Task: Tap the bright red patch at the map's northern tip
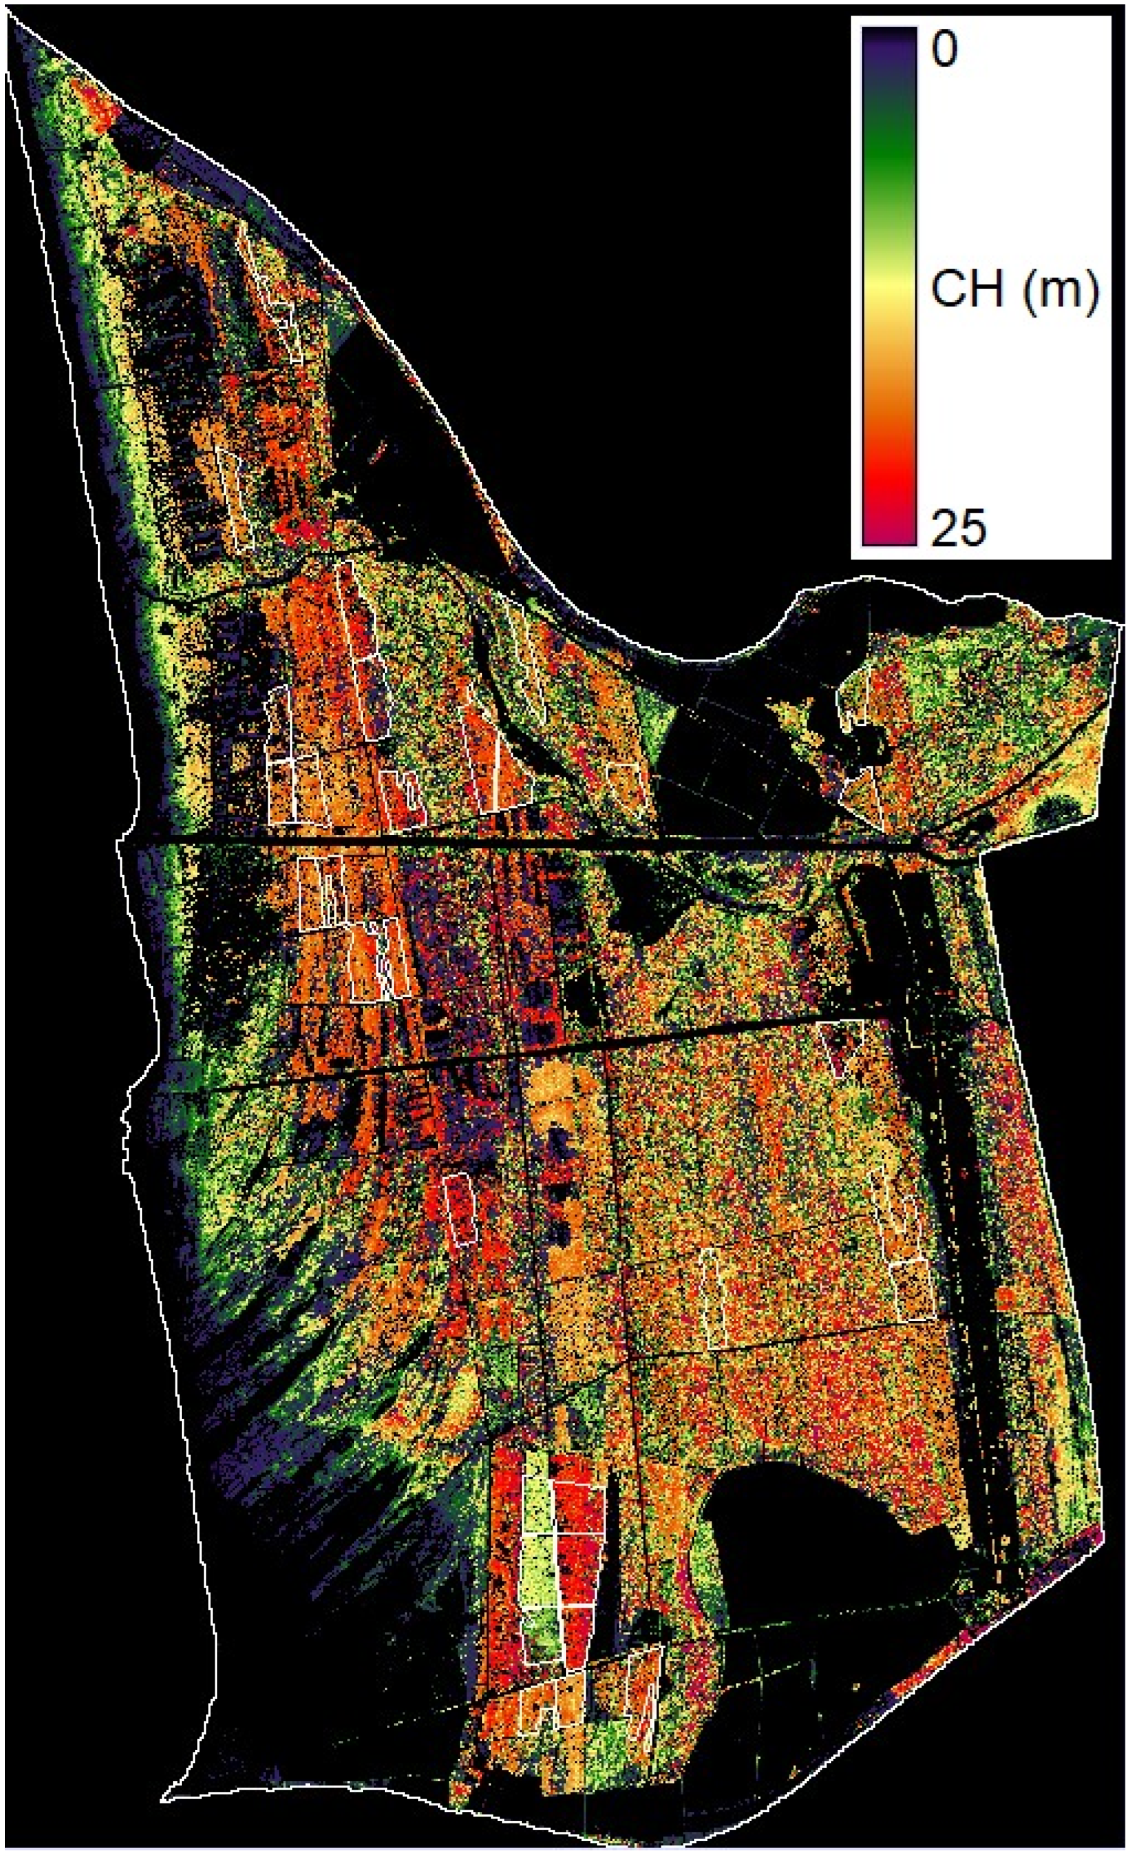97,109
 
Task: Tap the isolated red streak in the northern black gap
375,452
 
